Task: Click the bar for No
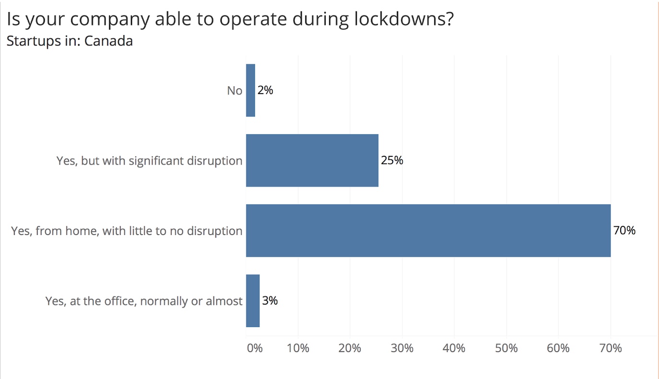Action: coord(250,90)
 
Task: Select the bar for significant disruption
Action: coord(312,160)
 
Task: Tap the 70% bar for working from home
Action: coord(428,230)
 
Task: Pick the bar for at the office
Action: coord(253,301)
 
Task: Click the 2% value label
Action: coord(265,90)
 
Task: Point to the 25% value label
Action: coord(392,160)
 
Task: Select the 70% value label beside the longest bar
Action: coord(624,231)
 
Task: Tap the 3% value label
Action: coord(270,301)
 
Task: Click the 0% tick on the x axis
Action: coord(254,348)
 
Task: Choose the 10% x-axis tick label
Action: coord(298,348)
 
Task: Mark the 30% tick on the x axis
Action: coord(402,348)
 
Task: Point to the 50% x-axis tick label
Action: coord(506,348)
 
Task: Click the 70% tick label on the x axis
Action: coord(611,348)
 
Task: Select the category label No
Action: coord(235,91)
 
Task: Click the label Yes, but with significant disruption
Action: coord(149,161)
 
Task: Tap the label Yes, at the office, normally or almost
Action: coord(144,301)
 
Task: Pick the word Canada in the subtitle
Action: coord(108,41)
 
